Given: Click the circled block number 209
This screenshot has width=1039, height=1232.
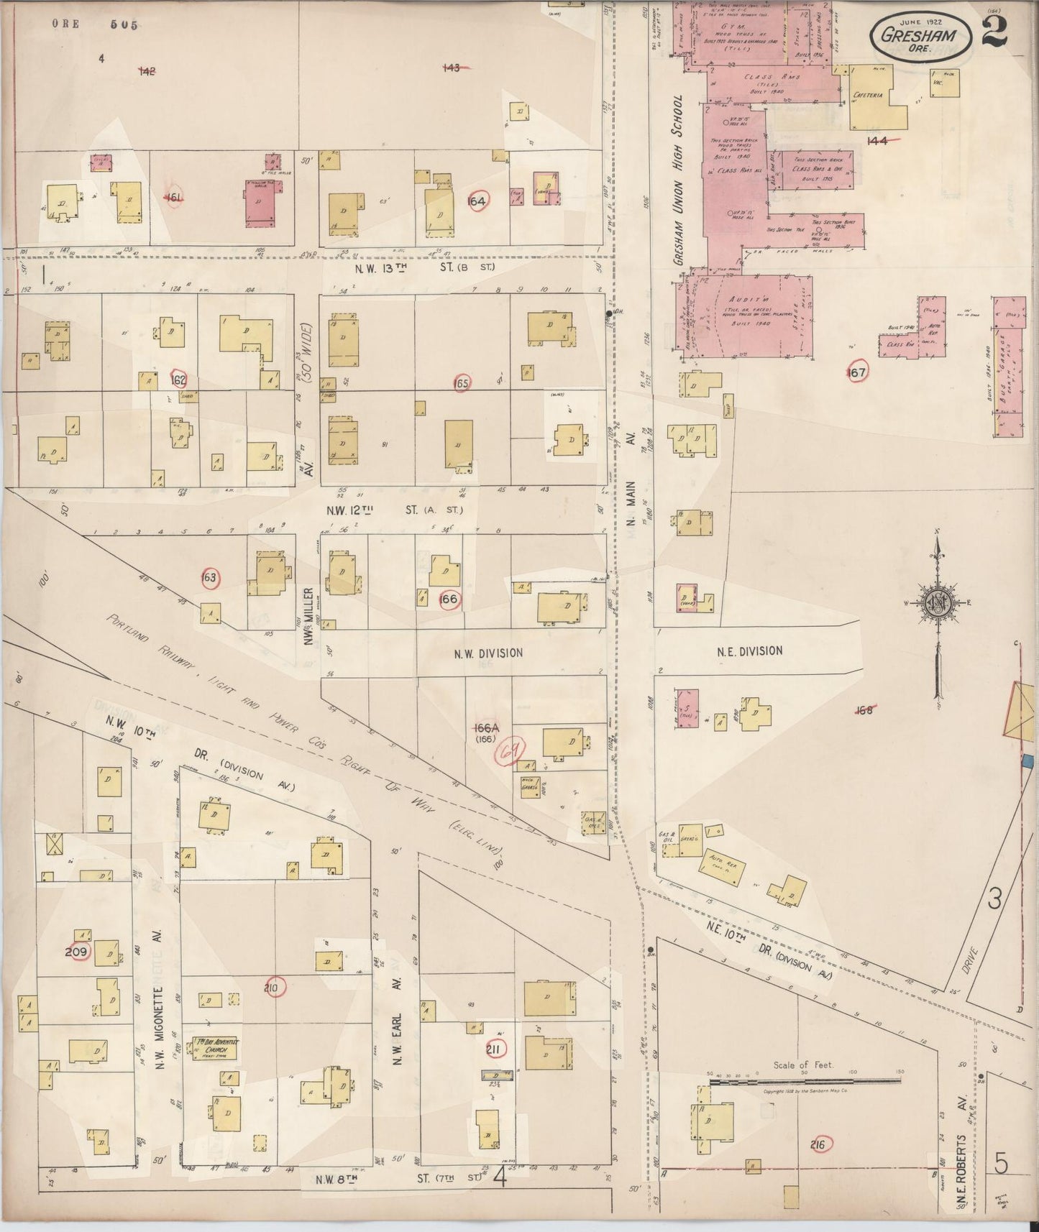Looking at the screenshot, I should point(76,952).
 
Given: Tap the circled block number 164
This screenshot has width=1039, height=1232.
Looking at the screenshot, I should point(477,202).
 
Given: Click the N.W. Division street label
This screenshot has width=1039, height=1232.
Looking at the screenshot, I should point(488,653).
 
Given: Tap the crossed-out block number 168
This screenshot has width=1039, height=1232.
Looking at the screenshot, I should point(864,710).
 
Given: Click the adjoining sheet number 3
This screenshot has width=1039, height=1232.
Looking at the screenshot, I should point(994,899).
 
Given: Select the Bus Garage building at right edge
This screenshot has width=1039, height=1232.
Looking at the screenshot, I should point(1010,367).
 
